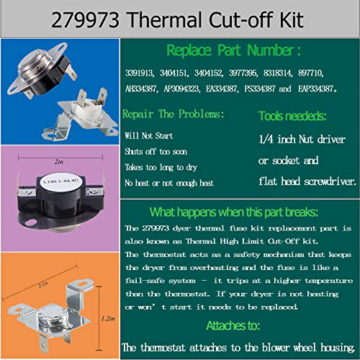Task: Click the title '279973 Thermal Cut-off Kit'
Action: pos(180,18)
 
